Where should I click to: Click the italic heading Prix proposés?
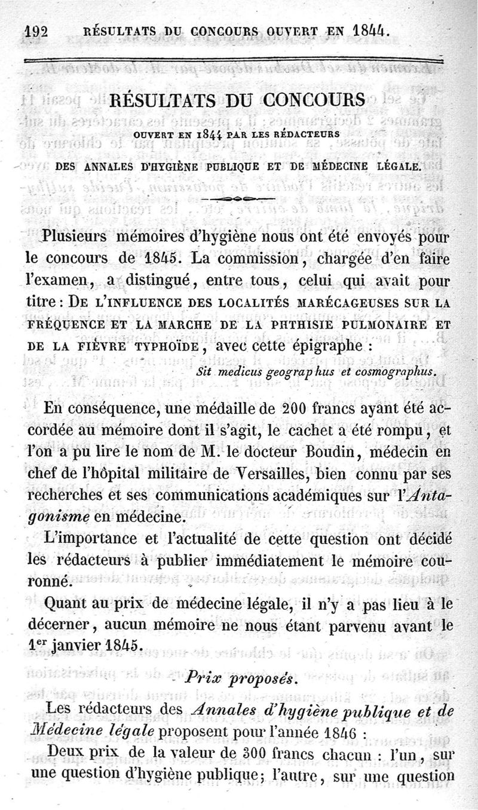pyautogui.click(x=239, y=679)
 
